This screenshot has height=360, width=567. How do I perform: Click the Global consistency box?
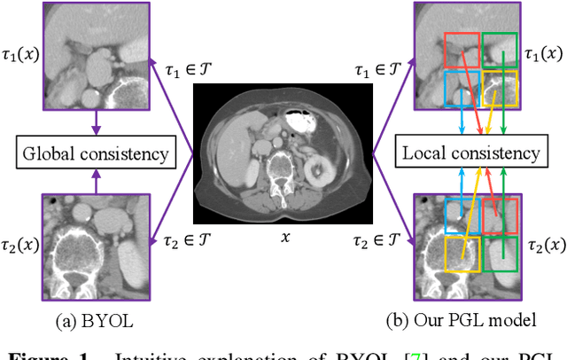(x=97, y=153)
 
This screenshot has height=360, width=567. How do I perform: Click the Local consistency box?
(x=470, y=153)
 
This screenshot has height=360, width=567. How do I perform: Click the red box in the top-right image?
(x=462, y=51)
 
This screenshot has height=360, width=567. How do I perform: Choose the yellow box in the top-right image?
(x=501, y=89)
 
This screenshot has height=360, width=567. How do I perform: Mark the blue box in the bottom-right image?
(x=463, y=216)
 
